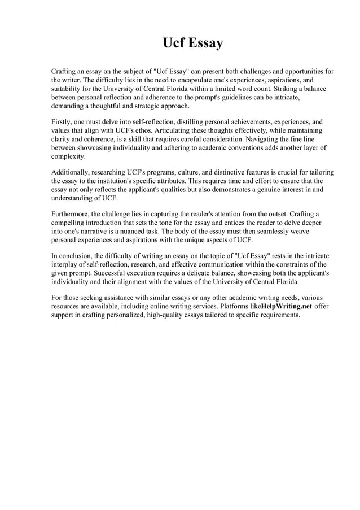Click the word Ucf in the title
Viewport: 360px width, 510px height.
point(173,43)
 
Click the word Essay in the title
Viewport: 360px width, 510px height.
point(204,43)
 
